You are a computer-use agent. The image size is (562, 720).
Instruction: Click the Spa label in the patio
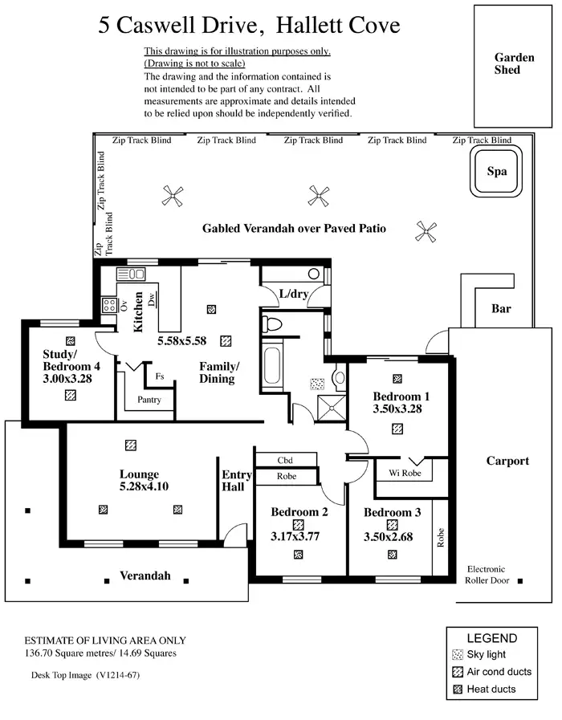coord(497,171)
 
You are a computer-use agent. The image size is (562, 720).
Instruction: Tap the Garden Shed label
coord(513,63)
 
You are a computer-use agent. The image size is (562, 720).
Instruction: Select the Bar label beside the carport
coord(501,309)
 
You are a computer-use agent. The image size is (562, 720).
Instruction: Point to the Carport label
coord(507,461)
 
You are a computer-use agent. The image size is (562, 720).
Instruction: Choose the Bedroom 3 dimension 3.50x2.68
coord(391,537)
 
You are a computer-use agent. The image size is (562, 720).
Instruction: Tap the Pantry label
coord(149,400)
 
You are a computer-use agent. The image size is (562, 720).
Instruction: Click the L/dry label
coord(294,295)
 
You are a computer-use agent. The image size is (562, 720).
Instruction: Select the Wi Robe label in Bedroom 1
coord(404,473)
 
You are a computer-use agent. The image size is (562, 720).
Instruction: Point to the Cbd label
coord(285,460)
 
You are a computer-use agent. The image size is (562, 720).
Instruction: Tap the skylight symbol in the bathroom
coord(317,384)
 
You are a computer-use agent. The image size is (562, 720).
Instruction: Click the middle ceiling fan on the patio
coord(318,194)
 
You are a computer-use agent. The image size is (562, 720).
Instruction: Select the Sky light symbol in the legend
coord(458,654)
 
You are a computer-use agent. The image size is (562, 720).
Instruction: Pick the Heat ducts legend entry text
coord(492,689)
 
